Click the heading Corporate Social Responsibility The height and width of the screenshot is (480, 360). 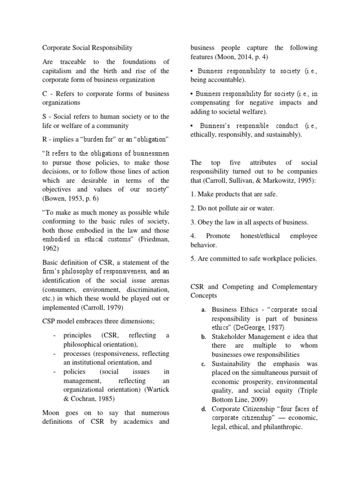[87, 48]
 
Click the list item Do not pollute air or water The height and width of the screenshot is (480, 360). [233, 208]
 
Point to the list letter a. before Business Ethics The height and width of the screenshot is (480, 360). [203, 310]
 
